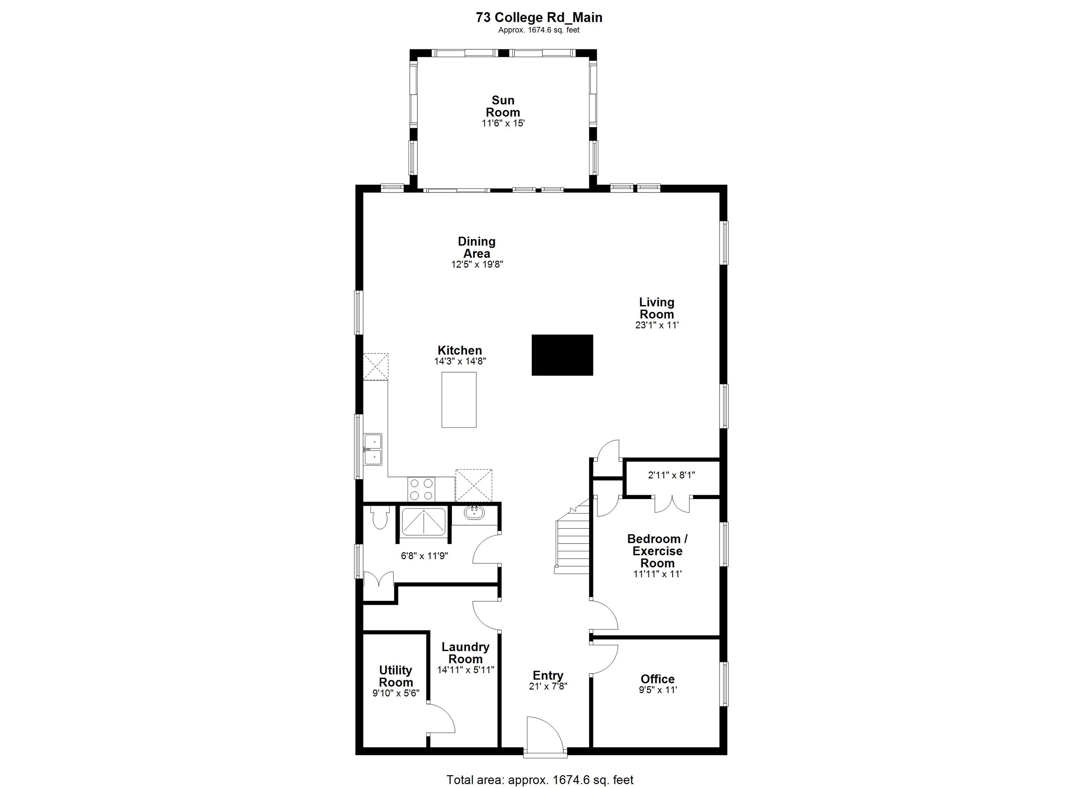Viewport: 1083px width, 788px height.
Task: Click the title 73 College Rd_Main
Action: click(539, 18)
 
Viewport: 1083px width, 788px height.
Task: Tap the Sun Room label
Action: click(503, 107)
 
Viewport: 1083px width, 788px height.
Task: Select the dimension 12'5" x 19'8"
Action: click(477, 264)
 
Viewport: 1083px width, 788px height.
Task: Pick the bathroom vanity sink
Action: click(474, 514)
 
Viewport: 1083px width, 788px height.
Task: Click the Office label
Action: click(657, 679)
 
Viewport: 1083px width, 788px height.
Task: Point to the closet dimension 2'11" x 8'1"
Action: click(671, 475)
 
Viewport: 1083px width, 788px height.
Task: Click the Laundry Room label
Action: click(465, 653)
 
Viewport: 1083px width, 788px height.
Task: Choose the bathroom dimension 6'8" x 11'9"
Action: click(424, 556)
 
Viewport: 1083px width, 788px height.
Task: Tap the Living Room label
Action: click(656, 308)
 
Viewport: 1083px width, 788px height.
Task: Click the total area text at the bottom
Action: click(540, 780)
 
